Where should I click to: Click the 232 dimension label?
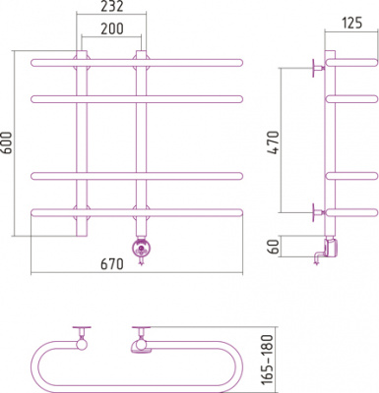(x=112, y=6)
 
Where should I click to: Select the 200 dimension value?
(x=112, y=28)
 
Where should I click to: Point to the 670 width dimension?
(x=112, y=264)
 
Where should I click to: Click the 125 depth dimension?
(x=352, y=23)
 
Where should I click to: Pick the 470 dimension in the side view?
(x=273, y=142)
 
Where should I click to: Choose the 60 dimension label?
(x=273, y=247)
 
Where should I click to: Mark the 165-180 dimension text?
(x=268, y=360)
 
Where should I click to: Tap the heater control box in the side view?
(x=331, y=248)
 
